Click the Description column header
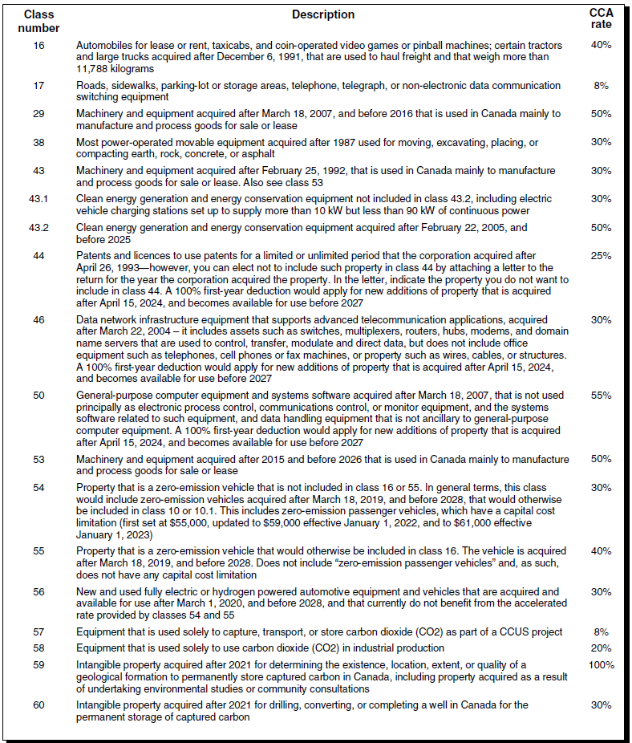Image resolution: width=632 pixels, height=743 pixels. coord(323,14)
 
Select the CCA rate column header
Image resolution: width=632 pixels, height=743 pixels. coord(601,18)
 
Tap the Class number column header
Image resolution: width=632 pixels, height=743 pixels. coord(38,20)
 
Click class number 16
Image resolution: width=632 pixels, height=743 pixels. coord(38,46)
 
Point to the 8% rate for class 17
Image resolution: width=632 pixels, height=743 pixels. coord(601,85)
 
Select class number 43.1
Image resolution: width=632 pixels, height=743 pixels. coord(38,198)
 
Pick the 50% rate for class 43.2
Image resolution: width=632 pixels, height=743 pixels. coord(601,228)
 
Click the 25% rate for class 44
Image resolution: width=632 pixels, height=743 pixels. coord(601,257)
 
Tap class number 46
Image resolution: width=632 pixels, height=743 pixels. coord(38,319)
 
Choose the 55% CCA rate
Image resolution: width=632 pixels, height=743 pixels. coord(601,396)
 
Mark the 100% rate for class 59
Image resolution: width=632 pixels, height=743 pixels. coord(601,665)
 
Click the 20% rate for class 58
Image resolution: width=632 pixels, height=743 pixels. coord(601,648)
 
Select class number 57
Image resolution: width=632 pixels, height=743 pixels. coord(38,632)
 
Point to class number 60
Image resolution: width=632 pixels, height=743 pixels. coord(38,705)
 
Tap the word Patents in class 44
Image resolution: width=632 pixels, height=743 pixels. coord(95,257)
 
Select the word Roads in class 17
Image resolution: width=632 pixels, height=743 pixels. coord(91,85)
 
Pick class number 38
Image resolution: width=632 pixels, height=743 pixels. coord(38,142)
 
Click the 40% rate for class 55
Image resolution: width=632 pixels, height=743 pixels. coord(601,551)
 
